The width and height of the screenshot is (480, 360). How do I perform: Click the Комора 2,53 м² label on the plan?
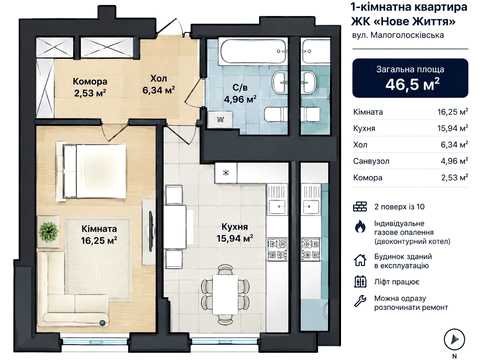point(90,87)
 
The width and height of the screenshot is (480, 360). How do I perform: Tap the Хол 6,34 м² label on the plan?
point(159,84)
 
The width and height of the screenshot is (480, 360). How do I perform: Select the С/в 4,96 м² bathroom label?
point(240,93)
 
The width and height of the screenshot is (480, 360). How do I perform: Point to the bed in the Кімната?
point(91,171)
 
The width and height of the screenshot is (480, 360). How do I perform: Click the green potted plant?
point(49,231)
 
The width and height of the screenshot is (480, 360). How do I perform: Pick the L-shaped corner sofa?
point(73,289)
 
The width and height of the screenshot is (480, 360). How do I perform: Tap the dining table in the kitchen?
point(226,294)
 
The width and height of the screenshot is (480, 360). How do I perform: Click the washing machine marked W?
point(220,120)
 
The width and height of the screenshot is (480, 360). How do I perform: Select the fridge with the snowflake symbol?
point(226,173)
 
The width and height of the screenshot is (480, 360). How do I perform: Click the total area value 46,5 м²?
point(412,84)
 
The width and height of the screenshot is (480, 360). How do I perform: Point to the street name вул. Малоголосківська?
point(398,35)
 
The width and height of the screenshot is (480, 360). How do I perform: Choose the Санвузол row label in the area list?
point(371,161)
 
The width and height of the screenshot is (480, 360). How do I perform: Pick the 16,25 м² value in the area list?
point(453,112)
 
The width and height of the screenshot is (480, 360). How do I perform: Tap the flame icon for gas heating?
point(360,227)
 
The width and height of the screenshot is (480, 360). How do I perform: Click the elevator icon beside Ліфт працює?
point(360,282)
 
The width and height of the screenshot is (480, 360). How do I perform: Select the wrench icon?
point(360,301)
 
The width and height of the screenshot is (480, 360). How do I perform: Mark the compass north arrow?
point(454,339)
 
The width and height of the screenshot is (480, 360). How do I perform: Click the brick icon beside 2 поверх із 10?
point(360,207)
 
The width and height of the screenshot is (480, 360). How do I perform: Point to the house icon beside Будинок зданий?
point(360,260)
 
